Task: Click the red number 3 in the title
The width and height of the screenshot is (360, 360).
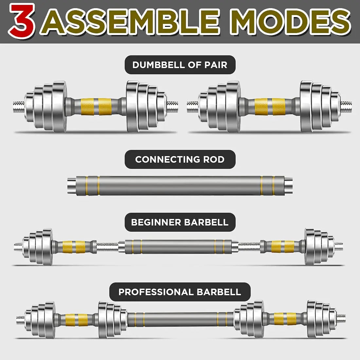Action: [22, 21]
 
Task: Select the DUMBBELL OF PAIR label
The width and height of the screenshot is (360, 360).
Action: [180, 65]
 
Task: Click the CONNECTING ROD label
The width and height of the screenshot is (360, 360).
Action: [180, 159]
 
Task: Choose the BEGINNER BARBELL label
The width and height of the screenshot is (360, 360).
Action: [180, 222]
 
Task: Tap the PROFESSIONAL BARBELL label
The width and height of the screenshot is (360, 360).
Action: [180, 292]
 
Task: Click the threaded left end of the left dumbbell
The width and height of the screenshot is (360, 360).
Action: [18, 106]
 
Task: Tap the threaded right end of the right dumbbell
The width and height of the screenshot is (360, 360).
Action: [346, 106]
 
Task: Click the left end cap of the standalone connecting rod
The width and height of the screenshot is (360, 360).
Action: [72, 186]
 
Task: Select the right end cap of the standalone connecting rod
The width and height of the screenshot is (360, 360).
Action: [288, 186]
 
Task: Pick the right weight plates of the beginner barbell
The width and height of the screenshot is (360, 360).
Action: [318, 246]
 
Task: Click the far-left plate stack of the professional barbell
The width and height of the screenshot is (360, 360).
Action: [41, 319]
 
